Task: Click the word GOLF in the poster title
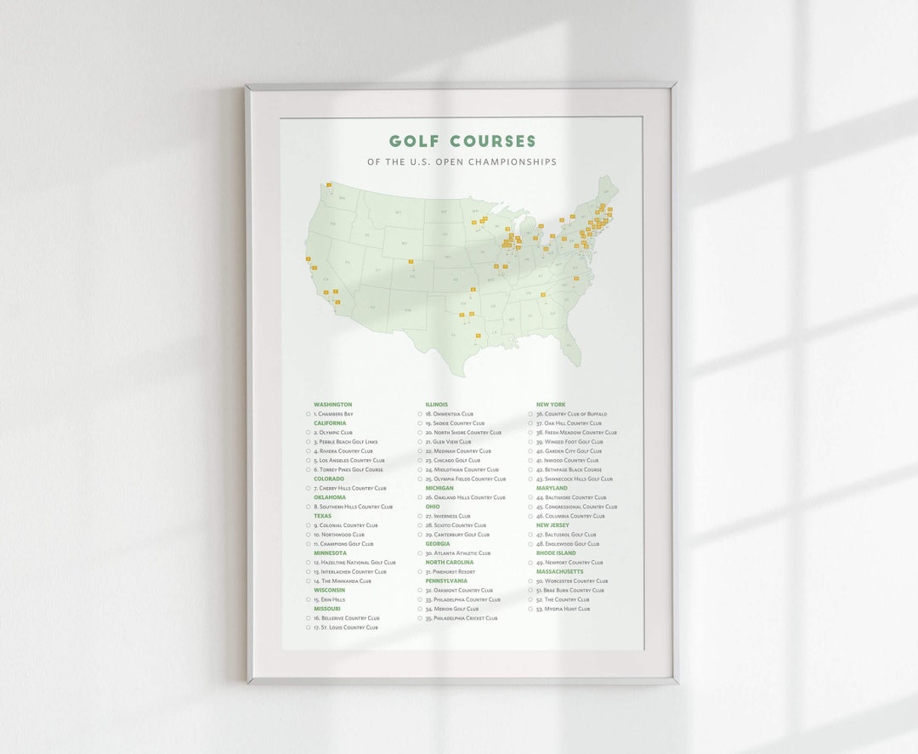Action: (x=413, y=141)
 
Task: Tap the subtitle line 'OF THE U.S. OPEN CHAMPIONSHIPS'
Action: (x=462, y=162)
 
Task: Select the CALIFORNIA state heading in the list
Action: (x=330, y=423)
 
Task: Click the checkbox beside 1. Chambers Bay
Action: (x=309, y=414)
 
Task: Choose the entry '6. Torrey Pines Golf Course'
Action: (x=348, y=470)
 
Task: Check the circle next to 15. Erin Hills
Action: (x=309, y=599)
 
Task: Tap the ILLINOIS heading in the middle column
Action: (x=437, y=405)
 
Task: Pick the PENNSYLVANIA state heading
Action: (x=446, y=581)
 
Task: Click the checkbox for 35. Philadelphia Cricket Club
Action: (x=420, y=618)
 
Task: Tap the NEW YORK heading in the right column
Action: (x=551, y=405)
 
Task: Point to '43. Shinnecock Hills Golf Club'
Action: (x=574, y=479)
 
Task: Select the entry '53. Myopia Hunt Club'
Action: (x=563, y=609)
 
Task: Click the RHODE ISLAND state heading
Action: (x=556, y=553)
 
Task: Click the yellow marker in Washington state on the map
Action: (x=329, y=184)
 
